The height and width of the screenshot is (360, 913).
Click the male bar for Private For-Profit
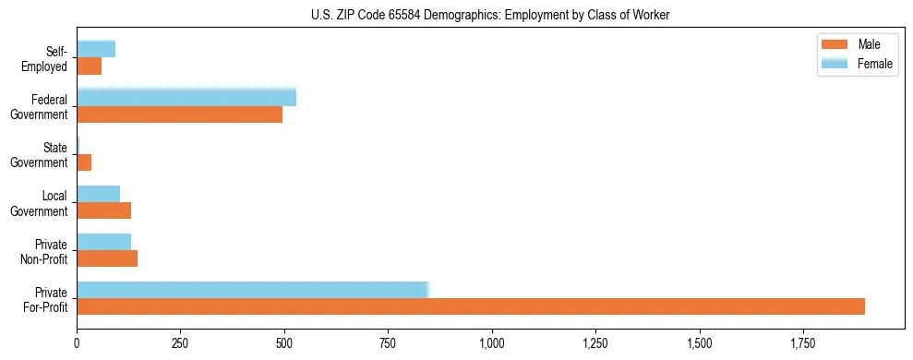pos(471,306)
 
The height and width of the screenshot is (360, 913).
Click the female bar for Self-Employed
pos(96,49)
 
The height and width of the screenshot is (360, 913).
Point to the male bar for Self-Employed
pos(89,66)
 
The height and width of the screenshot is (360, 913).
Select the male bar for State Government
pos(84,162)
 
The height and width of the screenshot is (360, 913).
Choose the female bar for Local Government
pos(98,194)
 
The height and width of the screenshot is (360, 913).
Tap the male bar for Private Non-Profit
pos(107,258)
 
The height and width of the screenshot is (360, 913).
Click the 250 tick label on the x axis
pos(180,343)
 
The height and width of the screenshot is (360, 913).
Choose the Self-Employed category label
pos(49,58)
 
